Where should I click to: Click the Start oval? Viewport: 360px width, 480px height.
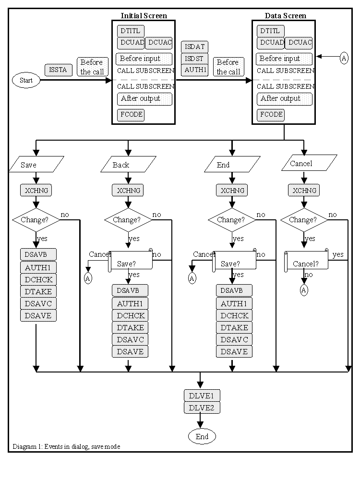pyautogui.click(x=26, y=80)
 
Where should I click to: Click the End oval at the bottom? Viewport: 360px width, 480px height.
pyautogui.click(x=202, y=436)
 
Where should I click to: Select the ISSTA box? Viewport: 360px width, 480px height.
pyautogui.click(x=59, y=70)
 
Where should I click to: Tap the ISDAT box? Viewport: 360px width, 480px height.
pyautogui.click(x=194, y=47)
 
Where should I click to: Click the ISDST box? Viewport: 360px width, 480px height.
pyautogui.click(x=194, y=59)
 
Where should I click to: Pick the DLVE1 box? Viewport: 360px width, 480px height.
pyautogui.click(x=202, y=396)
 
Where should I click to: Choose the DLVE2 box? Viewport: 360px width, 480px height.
pyautogui.click(x=202, y=408)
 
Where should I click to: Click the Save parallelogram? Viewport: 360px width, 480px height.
pyautogui.click(x=36, y=165)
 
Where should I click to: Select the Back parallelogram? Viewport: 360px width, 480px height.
pyautogui.click(x=128, y=165)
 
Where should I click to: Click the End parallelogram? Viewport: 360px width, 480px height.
pyautogui.click(x=232, y=165)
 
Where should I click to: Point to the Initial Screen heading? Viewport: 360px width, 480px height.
pyautogui.click(x=144, y=15)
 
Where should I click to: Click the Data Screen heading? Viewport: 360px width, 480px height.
pyautogui.click(x=285, y=15)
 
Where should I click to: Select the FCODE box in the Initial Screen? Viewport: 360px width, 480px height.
pyautogui.click(x=131, y=115)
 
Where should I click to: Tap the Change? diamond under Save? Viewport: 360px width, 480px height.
pyautogui.click(x=36, y=220)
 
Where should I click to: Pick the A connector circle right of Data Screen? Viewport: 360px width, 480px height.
pyautogui.click(x=344, y=58)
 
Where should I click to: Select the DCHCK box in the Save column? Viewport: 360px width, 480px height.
pyautogui.click(x=38, y=279)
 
